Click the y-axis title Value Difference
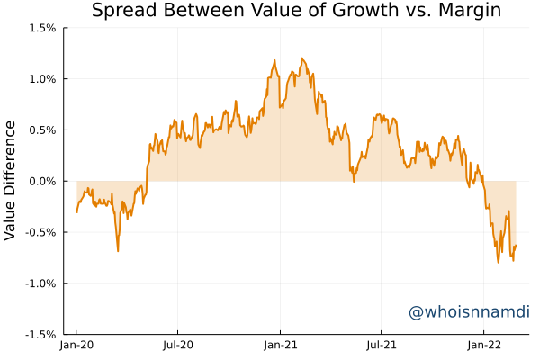[10, 180]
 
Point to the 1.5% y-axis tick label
[41, 28]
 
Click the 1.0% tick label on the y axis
[41, 79]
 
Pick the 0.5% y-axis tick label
[41, 130]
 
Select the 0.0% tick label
[41, 181]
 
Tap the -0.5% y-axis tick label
[40, 232]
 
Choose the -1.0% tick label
[40, 283]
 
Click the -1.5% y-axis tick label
[40, 334]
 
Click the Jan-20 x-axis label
[76, 344]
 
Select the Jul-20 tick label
[178, 344]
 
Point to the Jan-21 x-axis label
[280, 344]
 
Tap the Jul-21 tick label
[382, 344]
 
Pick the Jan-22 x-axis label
[484, 344]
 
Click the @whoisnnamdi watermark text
[468, 312]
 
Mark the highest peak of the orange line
[301, 58]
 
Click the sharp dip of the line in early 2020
[118, 250]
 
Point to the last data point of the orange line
[516, 246]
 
